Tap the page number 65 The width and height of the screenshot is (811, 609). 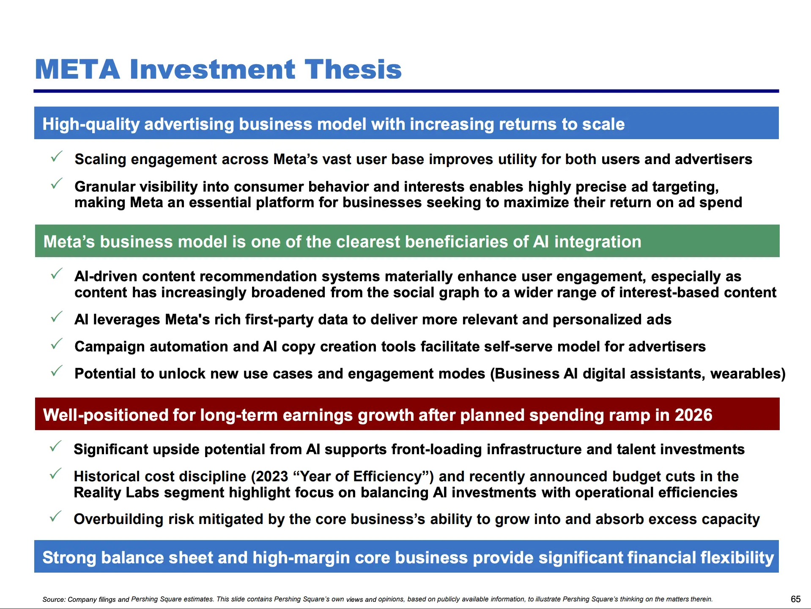tap(795, 599)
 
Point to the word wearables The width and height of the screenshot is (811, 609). tap(745, 374)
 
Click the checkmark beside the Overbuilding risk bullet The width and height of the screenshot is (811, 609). tap(55, 516)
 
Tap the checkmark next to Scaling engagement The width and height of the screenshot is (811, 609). tap(57, 156)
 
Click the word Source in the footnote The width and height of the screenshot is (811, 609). tap(54, 599)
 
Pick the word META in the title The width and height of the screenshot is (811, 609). tap(77, 69)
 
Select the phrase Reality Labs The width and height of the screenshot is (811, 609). tap(116, 493)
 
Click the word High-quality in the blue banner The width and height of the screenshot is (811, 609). tap(90, 124)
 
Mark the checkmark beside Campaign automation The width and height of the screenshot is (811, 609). tap(57, 344)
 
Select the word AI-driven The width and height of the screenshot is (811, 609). tap(106, 277)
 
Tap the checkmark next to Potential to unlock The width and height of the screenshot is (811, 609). tap(57, 371)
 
